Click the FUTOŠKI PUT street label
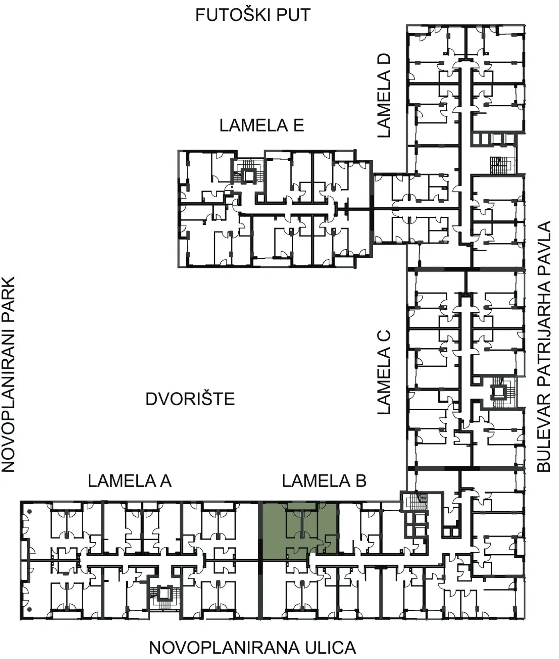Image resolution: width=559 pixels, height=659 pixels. click(253, 15)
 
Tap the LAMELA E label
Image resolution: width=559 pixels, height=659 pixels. click(262, 125)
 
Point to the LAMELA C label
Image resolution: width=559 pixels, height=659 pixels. click(384, 372)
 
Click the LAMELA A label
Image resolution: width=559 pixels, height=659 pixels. click(130, 481)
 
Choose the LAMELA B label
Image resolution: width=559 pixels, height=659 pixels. click(324, 481)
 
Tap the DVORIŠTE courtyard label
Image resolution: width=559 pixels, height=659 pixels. click(190, 399)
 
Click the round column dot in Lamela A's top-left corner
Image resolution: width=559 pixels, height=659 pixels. click(29, 511)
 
